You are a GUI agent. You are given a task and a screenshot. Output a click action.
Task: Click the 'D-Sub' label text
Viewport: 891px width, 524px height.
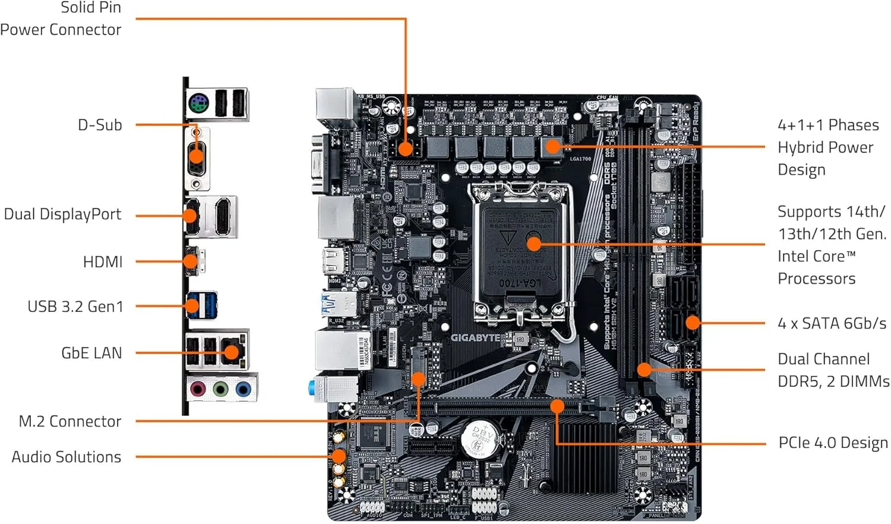coord(100,125)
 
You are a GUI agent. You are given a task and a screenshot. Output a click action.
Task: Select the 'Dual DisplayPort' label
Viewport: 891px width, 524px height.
coord(62,214)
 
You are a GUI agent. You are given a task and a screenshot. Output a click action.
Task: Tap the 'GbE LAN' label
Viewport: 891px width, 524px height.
coord(91,353)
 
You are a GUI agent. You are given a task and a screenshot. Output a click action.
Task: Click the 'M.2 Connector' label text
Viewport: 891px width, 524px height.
coord(69,421)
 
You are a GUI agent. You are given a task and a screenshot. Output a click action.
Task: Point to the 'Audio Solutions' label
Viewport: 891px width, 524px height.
coord(66,457)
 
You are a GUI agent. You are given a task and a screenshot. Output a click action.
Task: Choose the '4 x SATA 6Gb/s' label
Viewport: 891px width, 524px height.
coord(832,323)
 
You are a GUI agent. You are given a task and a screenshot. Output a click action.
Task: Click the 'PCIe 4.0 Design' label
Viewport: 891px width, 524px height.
coord(833,443)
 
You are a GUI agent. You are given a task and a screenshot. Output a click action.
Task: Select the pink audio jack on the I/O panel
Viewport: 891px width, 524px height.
coord(198,389)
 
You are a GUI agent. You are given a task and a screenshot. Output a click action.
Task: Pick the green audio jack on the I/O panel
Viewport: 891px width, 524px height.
coord(220,389)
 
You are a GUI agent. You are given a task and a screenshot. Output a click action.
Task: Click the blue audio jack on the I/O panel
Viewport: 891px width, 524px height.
coord(243,389)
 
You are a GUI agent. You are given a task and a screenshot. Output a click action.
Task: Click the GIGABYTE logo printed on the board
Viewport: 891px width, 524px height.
coord(475,337)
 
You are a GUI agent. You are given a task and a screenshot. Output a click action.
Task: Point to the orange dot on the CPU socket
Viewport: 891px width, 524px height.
coord(534,244)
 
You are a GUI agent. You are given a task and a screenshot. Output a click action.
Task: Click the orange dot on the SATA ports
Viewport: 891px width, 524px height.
coord(693,323)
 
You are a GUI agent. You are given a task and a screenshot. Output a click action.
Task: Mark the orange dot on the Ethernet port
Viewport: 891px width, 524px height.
coord(231,352)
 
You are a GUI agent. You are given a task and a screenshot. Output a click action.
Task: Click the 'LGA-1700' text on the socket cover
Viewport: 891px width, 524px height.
coord(520,283)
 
